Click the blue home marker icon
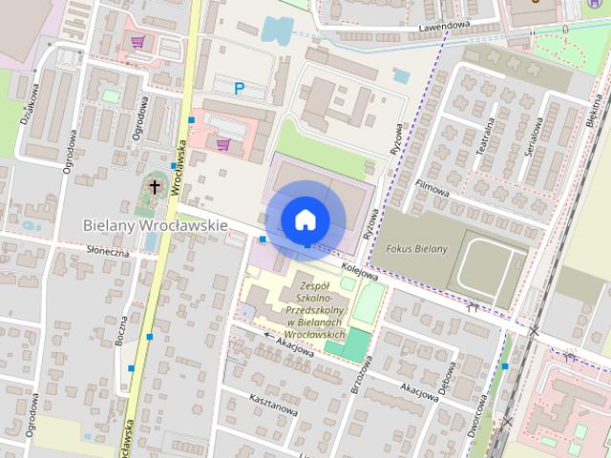[x=305, y=219]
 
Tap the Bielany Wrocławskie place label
[x=155, y=225]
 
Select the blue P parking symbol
[x=240, y=89]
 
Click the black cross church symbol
[x=155, y=187]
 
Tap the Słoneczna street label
[x=107, y=252]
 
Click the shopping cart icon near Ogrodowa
[x=138, y=42]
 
